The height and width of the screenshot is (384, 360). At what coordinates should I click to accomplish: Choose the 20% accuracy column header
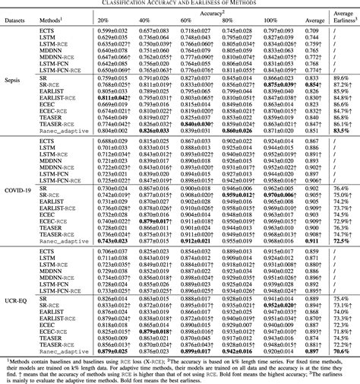pyautogui.click(x=124, y=21)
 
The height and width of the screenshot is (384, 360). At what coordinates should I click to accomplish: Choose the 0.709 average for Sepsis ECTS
pyautogui.click(x=311, y=30)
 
